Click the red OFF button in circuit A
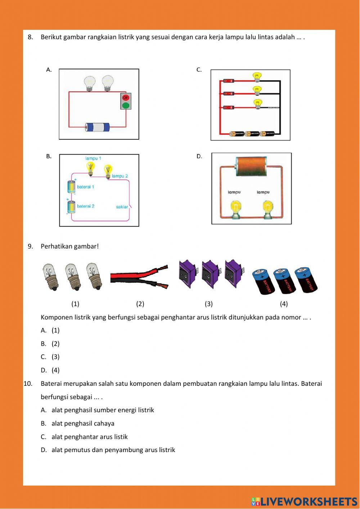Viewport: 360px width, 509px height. click(126, 97)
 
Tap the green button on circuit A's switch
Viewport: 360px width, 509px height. click(126, 105)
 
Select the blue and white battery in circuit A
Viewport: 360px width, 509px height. click(97, 127)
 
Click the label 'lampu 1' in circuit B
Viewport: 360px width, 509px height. click(93, 158)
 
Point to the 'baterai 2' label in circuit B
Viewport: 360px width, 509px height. click(86, 206)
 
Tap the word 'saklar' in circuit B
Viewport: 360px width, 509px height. click(122, 207)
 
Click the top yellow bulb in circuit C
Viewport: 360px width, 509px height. click(257, 76)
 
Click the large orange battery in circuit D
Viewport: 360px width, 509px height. click(251, 167)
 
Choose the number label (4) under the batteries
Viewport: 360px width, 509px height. click(284, 304)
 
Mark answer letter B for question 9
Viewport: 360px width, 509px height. click(44, 344)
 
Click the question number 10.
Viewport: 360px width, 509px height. click(28, 384)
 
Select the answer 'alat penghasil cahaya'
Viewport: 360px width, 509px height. click(83, 424)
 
